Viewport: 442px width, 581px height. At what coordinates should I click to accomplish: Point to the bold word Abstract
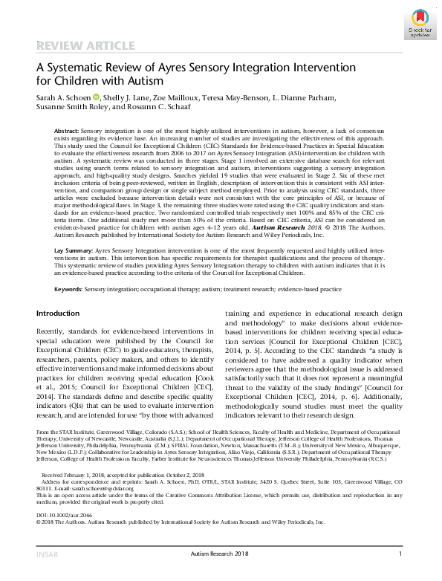pos(67,130)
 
